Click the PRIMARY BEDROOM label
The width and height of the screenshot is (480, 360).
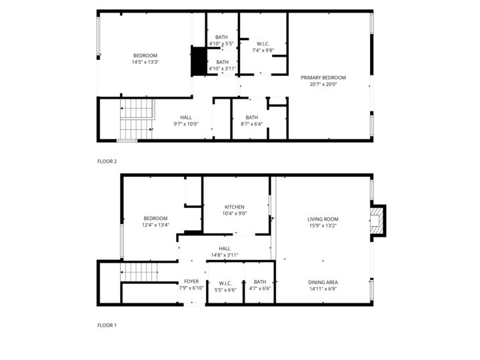click(323, 78)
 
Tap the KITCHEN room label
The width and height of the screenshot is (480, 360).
click(235, 207)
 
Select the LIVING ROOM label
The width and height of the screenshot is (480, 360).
click(323, 219)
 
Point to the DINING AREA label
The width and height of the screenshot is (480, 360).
click(323, 283)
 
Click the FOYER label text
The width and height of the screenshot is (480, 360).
click(191, 281)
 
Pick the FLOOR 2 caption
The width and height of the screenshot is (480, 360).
click(107, 161)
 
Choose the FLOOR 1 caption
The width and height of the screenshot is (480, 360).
click(107, 325)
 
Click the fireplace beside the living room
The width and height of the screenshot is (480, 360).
click(377, 221)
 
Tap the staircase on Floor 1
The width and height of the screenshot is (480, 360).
click(139, 272)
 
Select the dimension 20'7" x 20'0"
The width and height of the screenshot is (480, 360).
click(323, 85)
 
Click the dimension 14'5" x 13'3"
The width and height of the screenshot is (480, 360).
click(145, 62)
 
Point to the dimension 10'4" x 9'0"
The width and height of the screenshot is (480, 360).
click(235, 214)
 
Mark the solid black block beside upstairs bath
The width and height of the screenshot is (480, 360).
click(199, 61)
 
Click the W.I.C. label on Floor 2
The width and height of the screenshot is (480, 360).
click(263, 44)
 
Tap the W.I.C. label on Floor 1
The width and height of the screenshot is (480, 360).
click(225, 283)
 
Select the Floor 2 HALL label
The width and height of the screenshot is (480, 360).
click(186, 117)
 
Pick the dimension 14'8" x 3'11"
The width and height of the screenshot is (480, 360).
click(225, 255)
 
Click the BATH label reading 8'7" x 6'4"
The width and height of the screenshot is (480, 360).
click(251, 117)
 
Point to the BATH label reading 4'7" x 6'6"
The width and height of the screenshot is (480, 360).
click(260, 281)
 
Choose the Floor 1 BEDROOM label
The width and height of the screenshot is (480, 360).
click(155, 219)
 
